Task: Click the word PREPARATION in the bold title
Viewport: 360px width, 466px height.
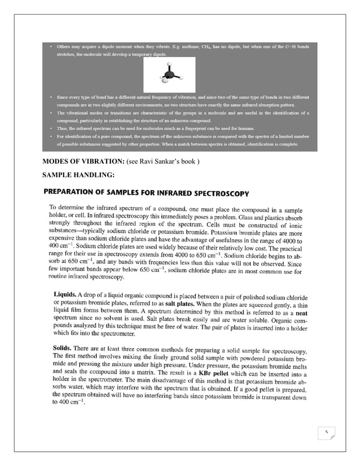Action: click(x=72, y=194)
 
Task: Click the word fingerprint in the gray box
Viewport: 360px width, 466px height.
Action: click(x=216, y=129)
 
